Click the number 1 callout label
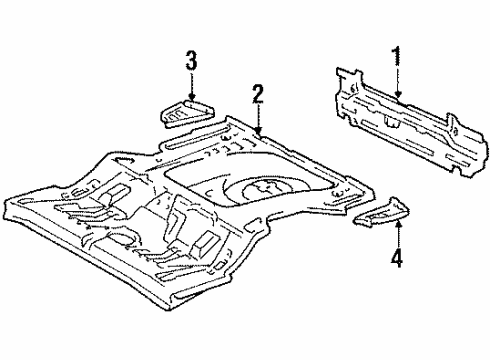pos(398,56)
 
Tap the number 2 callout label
pos(258,95)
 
